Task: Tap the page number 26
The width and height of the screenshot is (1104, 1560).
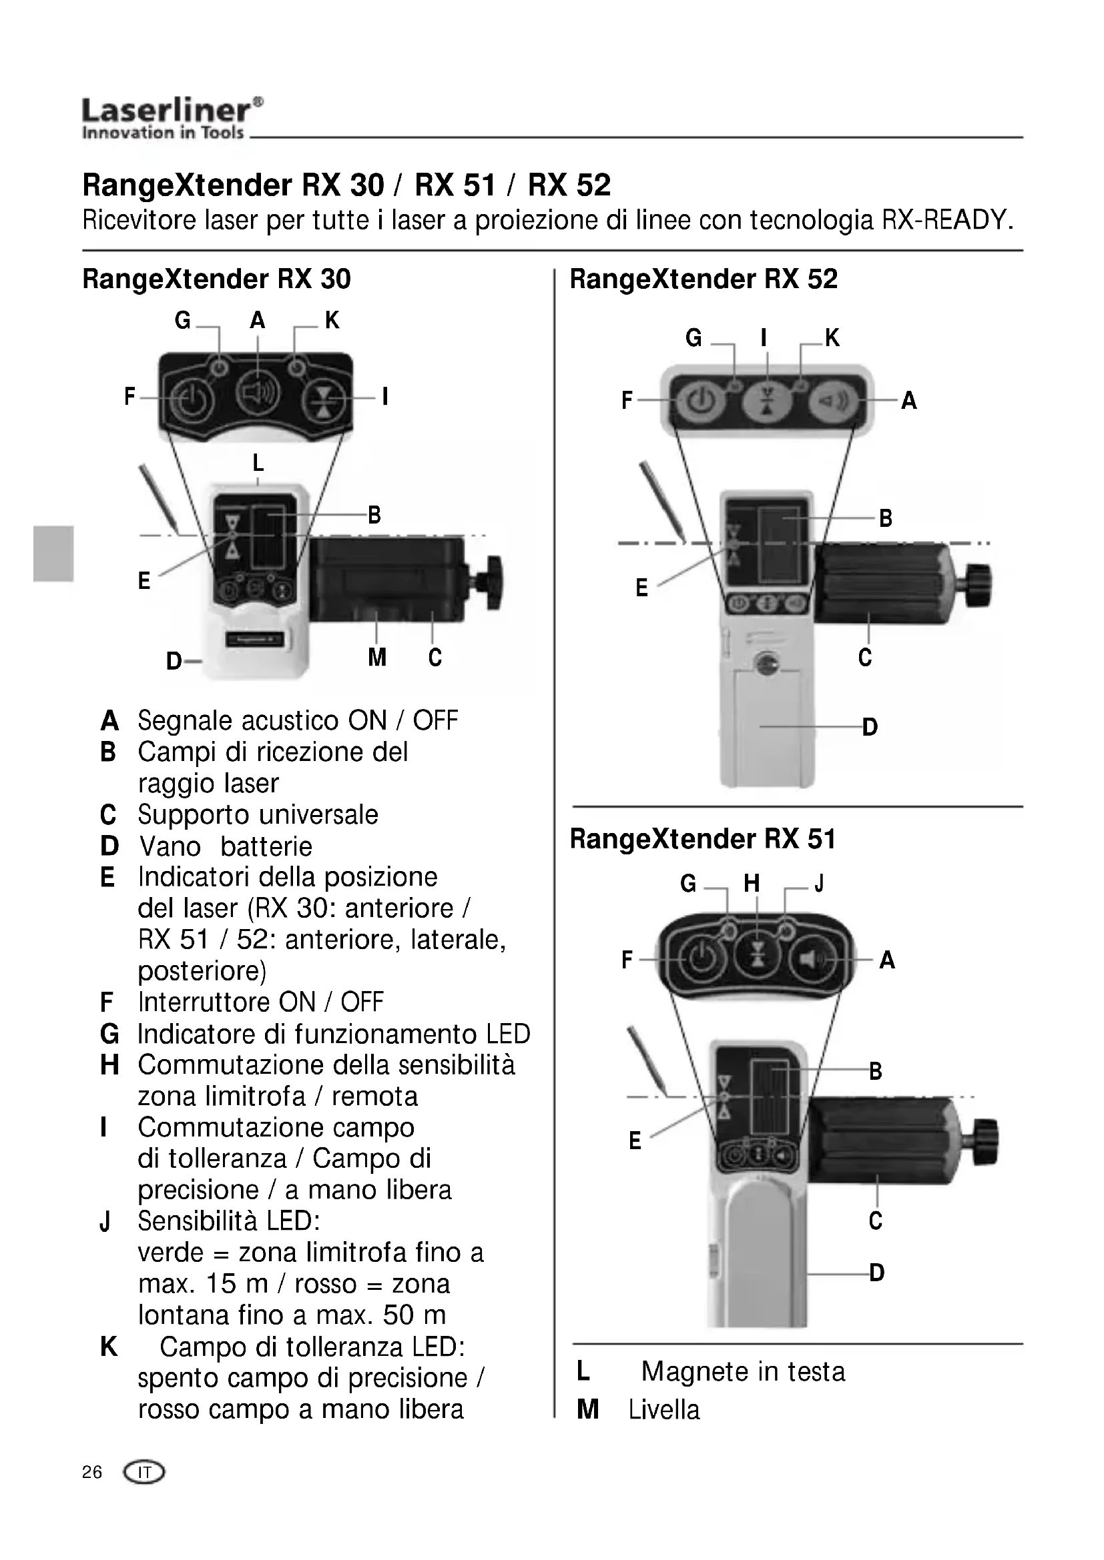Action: click(x=91, y=1472)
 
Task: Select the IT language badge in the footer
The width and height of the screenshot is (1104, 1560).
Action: click(x=144, y=1473)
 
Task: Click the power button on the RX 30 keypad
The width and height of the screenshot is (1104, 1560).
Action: click(x=192, y=400)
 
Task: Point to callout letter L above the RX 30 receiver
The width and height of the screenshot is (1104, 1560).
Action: click(x=258, y=464)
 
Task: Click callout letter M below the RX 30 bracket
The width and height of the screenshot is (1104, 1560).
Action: click(x=376, y=657)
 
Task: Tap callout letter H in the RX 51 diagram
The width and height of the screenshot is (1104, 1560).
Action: click(x=751, y=883)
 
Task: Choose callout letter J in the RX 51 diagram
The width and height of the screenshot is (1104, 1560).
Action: click(x=819, y=883)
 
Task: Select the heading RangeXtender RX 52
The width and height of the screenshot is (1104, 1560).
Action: click(x=704, y=279)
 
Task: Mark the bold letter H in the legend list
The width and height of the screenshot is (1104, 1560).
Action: click(x=109, y=1064)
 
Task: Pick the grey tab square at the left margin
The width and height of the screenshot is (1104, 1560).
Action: click(x=52, y=553)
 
